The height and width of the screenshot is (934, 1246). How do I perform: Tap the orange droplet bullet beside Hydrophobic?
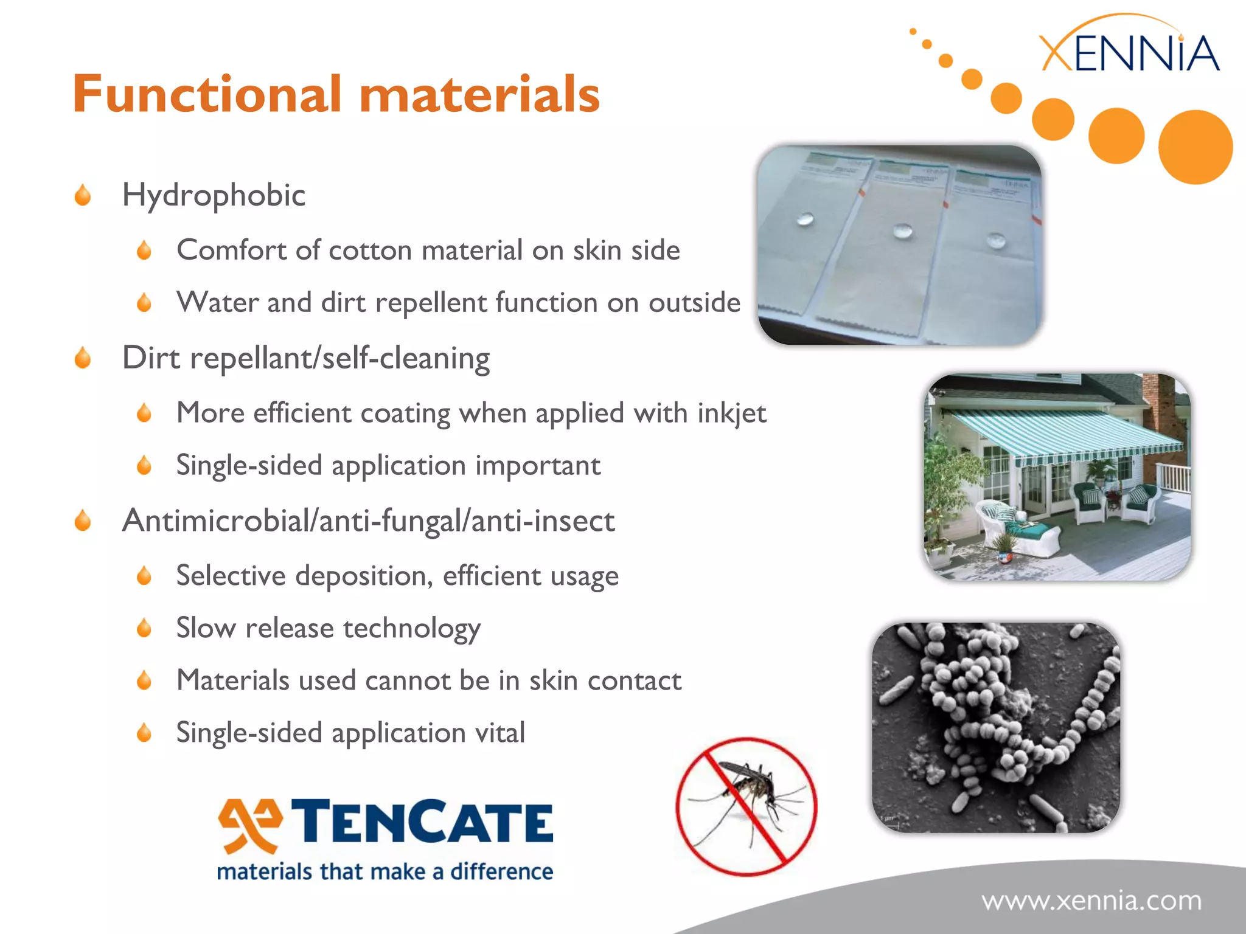83,196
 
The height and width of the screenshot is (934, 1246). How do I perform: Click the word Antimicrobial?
217,521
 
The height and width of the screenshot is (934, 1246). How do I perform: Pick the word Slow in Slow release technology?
206,628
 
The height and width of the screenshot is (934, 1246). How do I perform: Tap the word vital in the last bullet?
500,732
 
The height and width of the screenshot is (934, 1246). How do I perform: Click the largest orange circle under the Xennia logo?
1195,147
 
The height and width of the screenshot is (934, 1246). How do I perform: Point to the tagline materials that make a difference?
385,872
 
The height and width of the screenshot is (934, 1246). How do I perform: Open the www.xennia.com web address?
1091,901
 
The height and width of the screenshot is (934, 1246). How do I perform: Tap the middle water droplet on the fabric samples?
903,231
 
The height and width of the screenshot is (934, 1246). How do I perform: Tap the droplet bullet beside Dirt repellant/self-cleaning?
83,358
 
